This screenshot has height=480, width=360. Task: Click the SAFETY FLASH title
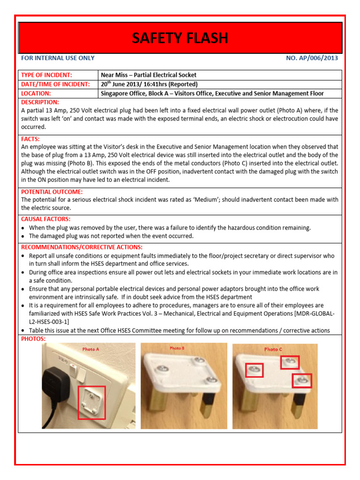180,38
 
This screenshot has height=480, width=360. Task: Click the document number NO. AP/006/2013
312,58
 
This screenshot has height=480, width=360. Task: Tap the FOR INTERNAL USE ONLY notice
58,58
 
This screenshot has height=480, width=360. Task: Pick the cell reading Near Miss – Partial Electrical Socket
149,75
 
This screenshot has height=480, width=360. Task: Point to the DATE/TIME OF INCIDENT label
55,84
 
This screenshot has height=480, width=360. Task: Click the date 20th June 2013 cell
149,84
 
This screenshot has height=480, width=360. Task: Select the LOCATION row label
36,94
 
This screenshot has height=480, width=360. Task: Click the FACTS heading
30,139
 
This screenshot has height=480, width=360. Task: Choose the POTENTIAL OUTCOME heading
52,192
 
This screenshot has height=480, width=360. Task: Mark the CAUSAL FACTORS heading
45,219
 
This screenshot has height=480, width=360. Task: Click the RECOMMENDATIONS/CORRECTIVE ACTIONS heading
82,247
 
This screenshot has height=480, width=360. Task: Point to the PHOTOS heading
33,338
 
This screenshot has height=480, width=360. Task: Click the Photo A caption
90,349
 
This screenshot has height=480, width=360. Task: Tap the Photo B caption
177,348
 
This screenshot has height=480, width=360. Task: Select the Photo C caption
273,349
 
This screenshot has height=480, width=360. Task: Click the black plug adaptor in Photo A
57,378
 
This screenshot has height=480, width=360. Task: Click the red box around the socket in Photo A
91,402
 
